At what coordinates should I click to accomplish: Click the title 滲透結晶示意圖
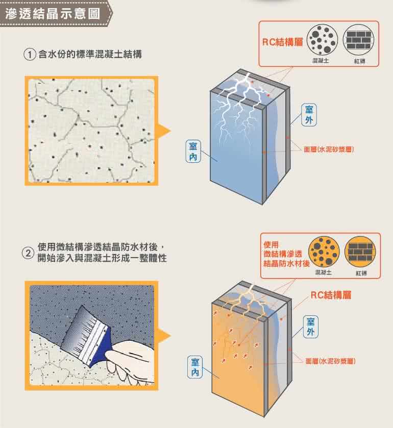pos(53,14)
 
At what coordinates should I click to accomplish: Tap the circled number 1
pos(30,54)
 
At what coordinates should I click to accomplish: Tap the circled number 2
pos(28,253)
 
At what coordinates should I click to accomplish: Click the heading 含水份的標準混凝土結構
pos(90,54)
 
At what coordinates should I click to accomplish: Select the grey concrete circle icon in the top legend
pos(322,40)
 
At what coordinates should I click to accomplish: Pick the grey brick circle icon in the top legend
pos(359,40)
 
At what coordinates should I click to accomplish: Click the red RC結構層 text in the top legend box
pos(282,42)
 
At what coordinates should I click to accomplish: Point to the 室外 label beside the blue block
pos(309,115)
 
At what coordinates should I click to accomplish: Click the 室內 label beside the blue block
pos(193,151)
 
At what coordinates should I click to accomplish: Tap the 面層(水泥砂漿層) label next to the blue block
pos(329,149)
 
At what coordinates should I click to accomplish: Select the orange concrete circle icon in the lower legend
pos(324,251)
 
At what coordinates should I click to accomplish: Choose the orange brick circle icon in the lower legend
pos(360,251)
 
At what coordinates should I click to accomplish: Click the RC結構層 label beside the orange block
pos(331,295)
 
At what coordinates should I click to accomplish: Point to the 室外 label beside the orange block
pos(310,326)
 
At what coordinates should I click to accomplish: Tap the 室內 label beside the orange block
pos(195,367)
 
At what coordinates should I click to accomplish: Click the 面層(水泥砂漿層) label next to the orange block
pos(330,361)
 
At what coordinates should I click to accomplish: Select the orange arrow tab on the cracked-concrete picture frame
pos(164,131)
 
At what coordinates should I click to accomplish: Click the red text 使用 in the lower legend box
pos(271,244)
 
